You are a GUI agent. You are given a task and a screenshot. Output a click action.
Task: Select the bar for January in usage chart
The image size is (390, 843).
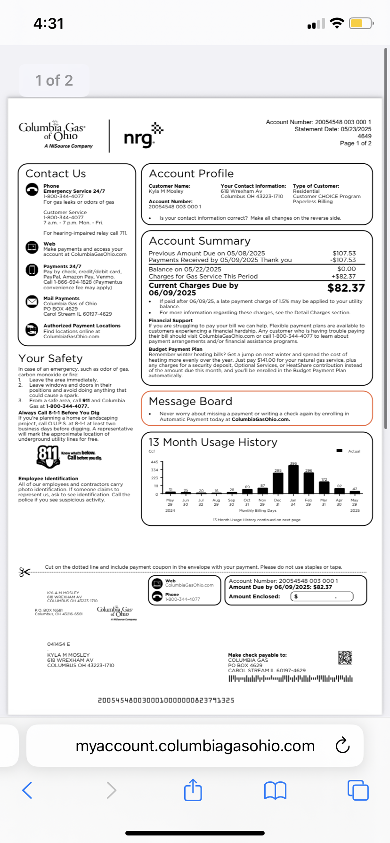(293, 479)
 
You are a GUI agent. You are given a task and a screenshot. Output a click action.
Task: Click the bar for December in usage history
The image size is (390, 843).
(278, 483)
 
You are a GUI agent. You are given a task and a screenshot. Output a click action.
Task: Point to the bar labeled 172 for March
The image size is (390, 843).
(324, 488)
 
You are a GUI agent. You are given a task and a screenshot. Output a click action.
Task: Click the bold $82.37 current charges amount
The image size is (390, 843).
(346, 288)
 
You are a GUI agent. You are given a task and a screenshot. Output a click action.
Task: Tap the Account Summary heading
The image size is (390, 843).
(200, 241)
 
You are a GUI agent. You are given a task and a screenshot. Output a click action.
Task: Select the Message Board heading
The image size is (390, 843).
(190, 401)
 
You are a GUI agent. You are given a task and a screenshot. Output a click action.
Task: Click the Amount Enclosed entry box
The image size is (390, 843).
(322, 596)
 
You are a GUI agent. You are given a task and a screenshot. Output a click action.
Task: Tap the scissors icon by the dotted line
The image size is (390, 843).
(24, 572)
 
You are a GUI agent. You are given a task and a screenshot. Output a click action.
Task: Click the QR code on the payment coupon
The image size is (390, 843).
(345, 658)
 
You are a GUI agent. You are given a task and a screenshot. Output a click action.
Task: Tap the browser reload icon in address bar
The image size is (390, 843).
(342, 746)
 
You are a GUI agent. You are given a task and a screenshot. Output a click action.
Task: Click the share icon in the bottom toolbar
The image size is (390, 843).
(193, 790)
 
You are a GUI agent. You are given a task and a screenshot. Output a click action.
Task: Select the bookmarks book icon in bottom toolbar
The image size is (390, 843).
(276, 790)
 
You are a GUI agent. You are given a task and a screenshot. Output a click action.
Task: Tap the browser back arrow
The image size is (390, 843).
(27, 790)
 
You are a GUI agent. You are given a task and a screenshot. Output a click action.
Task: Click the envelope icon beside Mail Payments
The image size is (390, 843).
(32, 302)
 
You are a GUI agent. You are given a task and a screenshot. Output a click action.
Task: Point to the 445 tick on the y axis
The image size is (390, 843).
(154, 462)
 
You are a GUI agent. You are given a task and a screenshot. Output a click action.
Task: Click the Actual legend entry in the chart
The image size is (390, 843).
(349, 451)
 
